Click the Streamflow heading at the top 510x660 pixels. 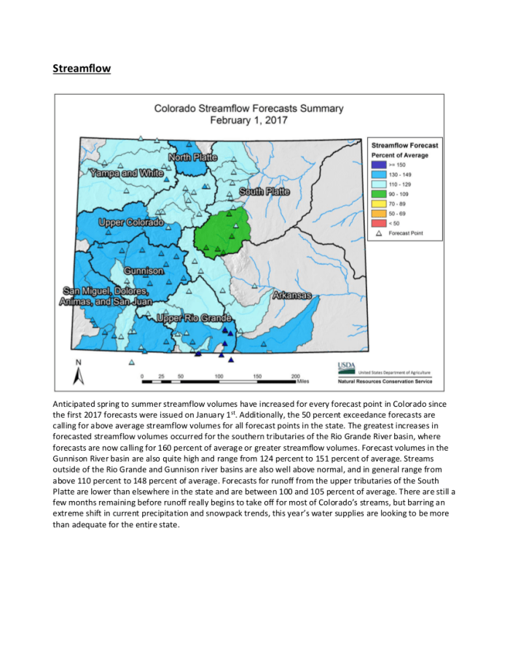click(82, 69)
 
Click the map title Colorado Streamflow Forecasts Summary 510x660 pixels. click(248, 109)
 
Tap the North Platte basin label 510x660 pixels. click(193, 158)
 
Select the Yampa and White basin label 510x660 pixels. click(126, 174)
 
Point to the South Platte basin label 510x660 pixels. click(264, 192)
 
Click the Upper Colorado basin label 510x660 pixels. click(131, 222)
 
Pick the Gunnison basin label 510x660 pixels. click(143, 271)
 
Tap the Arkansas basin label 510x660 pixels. click(292, 295)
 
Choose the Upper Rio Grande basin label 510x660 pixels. click(195, 318)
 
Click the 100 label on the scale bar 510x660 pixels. click(219, 375)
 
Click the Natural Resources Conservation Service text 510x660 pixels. click(385, 381)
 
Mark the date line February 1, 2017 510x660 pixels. click(248, 120)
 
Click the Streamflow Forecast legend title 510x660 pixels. click(405, 146)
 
